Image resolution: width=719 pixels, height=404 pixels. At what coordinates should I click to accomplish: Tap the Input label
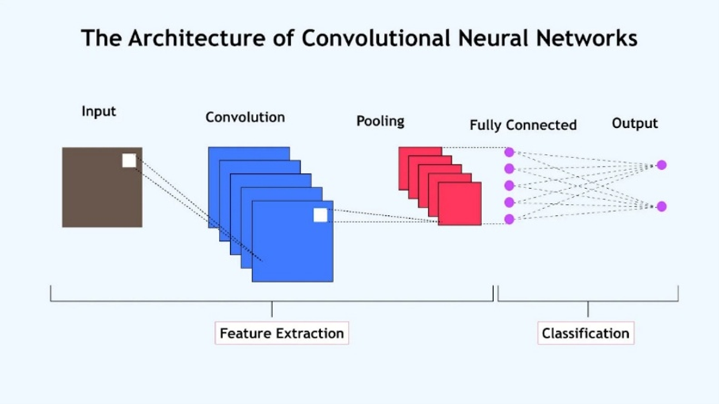(x=99, y=111)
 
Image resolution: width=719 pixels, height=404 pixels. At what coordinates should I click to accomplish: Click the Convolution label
(x=245, y=117)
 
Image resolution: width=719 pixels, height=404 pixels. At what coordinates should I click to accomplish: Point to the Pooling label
(x=380, y=121)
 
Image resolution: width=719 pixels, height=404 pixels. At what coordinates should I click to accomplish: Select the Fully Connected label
(x=523, y=125)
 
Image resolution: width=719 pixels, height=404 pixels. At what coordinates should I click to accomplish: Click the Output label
(x=635, y=123)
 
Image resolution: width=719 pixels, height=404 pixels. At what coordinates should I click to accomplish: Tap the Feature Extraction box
(x=281, y=333)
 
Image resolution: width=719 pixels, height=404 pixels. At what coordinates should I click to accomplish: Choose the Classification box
(x=586, y=333)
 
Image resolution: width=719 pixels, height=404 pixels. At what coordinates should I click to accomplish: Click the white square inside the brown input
(x=129, y=160)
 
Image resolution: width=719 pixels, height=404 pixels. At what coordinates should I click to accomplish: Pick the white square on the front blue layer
(x=321, y=215)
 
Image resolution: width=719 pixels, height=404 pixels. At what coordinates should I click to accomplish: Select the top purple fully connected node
(x=509, y=152)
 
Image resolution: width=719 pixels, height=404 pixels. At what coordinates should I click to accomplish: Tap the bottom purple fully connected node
(x=509, y=219)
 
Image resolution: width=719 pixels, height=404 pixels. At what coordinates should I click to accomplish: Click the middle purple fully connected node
(x=509, y=185)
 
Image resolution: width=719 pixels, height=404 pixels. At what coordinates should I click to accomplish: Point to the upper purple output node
(x=661, y=165)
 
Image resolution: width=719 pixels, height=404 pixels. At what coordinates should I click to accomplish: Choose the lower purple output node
(x=661, y=207)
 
